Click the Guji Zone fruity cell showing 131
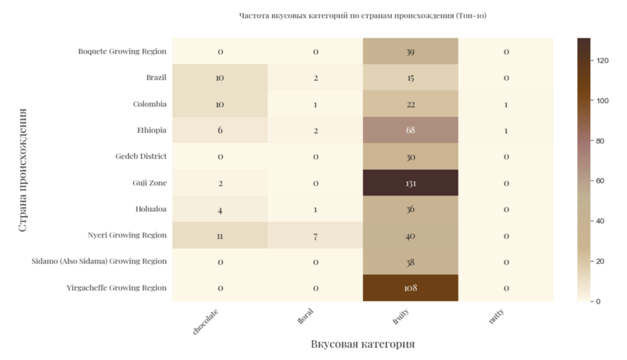[410, 182]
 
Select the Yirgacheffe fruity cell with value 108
[410, 288]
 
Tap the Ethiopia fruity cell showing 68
[410, 130]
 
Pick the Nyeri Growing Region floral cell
[315, 235]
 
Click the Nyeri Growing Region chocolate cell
[220, 235]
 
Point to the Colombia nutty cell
[506, 104]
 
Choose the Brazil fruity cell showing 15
[410, 78]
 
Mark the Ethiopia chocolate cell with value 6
[220, 130]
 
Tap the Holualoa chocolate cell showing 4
[220, 209]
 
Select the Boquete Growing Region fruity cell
[410, 52]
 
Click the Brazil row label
[156, 78]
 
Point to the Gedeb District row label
[141, 157]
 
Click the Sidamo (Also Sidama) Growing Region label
[99, 261]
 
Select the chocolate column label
[206, 321]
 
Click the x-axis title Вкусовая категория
[362, 344]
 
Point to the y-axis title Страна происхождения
[22, 169]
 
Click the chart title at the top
[362, 15]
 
